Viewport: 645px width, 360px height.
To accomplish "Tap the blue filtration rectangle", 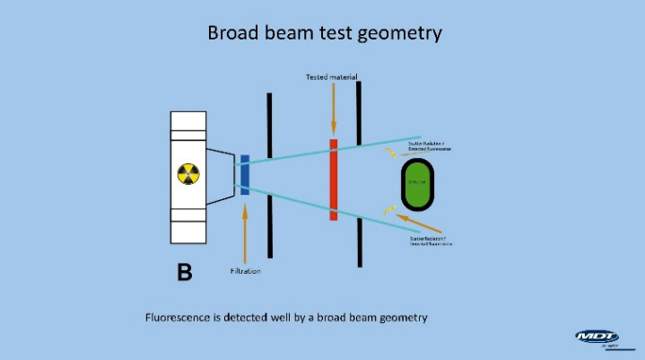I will pos(244,174).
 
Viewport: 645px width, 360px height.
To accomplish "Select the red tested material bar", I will pos(334,179).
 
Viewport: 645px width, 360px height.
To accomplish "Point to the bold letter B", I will pos(184,272).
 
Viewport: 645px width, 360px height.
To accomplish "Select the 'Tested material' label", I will pos(332,78).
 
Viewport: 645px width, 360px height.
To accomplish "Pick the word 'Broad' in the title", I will pos(237,33).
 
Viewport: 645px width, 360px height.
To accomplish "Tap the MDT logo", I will pos(597,338).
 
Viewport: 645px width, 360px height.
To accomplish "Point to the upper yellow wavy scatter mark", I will pos(389,153).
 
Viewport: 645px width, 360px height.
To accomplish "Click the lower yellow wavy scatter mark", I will pos(388,210).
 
